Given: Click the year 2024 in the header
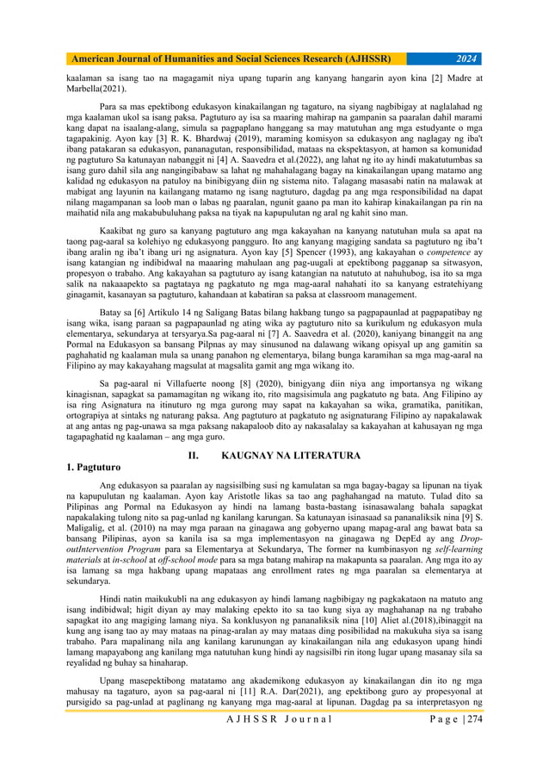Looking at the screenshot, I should (x=466, y=59).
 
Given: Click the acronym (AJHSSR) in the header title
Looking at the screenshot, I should (x=357, y=59).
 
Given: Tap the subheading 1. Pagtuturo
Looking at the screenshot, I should (x=97, y=467).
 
